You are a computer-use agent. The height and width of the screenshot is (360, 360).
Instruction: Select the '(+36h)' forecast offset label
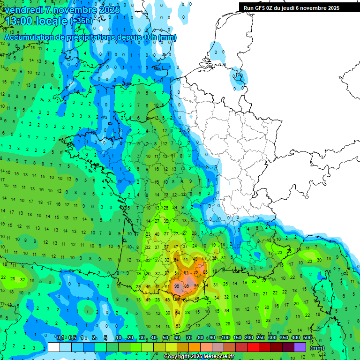click(81, 22)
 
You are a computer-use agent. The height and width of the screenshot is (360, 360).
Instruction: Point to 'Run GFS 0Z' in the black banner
click(260, 8)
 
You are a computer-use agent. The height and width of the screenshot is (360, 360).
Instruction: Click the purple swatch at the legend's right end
click(300, 347)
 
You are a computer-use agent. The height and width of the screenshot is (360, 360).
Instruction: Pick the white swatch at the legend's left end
click(54, 347)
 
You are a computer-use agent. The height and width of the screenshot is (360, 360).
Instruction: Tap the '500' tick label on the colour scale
click(307, 338)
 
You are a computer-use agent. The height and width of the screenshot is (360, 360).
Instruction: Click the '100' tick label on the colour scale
click(225, 338)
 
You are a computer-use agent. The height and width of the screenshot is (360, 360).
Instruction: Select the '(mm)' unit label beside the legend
click(317, 348)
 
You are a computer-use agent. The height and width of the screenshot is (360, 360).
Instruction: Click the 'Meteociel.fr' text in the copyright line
click(219, 357)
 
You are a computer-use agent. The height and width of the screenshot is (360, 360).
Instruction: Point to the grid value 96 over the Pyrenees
click(177, 286)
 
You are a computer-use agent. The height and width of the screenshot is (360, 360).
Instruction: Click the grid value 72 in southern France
click(196, 272)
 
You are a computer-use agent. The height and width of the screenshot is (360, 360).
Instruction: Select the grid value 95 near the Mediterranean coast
click(196, 286)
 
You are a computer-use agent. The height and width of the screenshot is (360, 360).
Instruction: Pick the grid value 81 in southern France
click(186, 272)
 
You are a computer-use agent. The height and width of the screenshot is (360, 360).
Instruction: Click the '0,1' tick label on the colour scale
click(60, 338)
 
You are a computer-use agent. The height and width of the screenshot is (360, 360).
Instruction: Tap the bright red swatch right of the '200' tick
click(253, 347)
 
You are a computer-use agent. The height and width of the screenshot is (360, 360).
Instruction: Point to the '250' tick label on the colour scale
click(261, 338)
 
